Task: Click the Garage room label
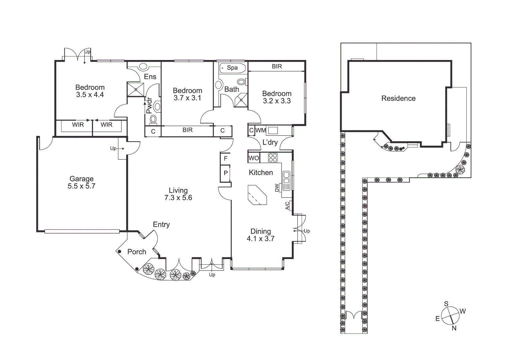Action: (81, 179)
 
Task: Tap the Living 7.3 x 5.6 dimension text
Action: (178, 198)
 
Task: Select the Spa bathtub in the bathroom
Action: (233, 68)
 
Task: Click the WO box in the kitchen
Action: (254, 158)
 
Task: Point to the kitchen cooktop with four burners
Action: (273, 157)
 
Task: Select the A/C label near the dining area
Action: (287, 206)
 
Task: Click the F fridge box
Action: (226, 159)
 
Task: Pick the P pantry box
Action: (226, 173)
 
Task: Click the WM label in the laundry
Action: (260, 130)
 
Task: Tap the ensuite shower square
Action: (136, 89)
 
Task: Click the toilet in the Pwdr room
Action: (154, 119)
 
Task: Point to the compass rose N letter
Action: (454, 328)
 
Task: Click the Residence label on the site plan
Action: (398, 98)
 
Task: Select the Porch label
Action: (137, 252)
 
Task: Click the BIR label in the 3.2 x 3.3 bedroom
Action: (276, 66)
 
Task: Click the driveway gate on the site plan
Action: (353, 315)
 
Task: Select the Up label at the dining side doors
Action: (307, 231)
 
